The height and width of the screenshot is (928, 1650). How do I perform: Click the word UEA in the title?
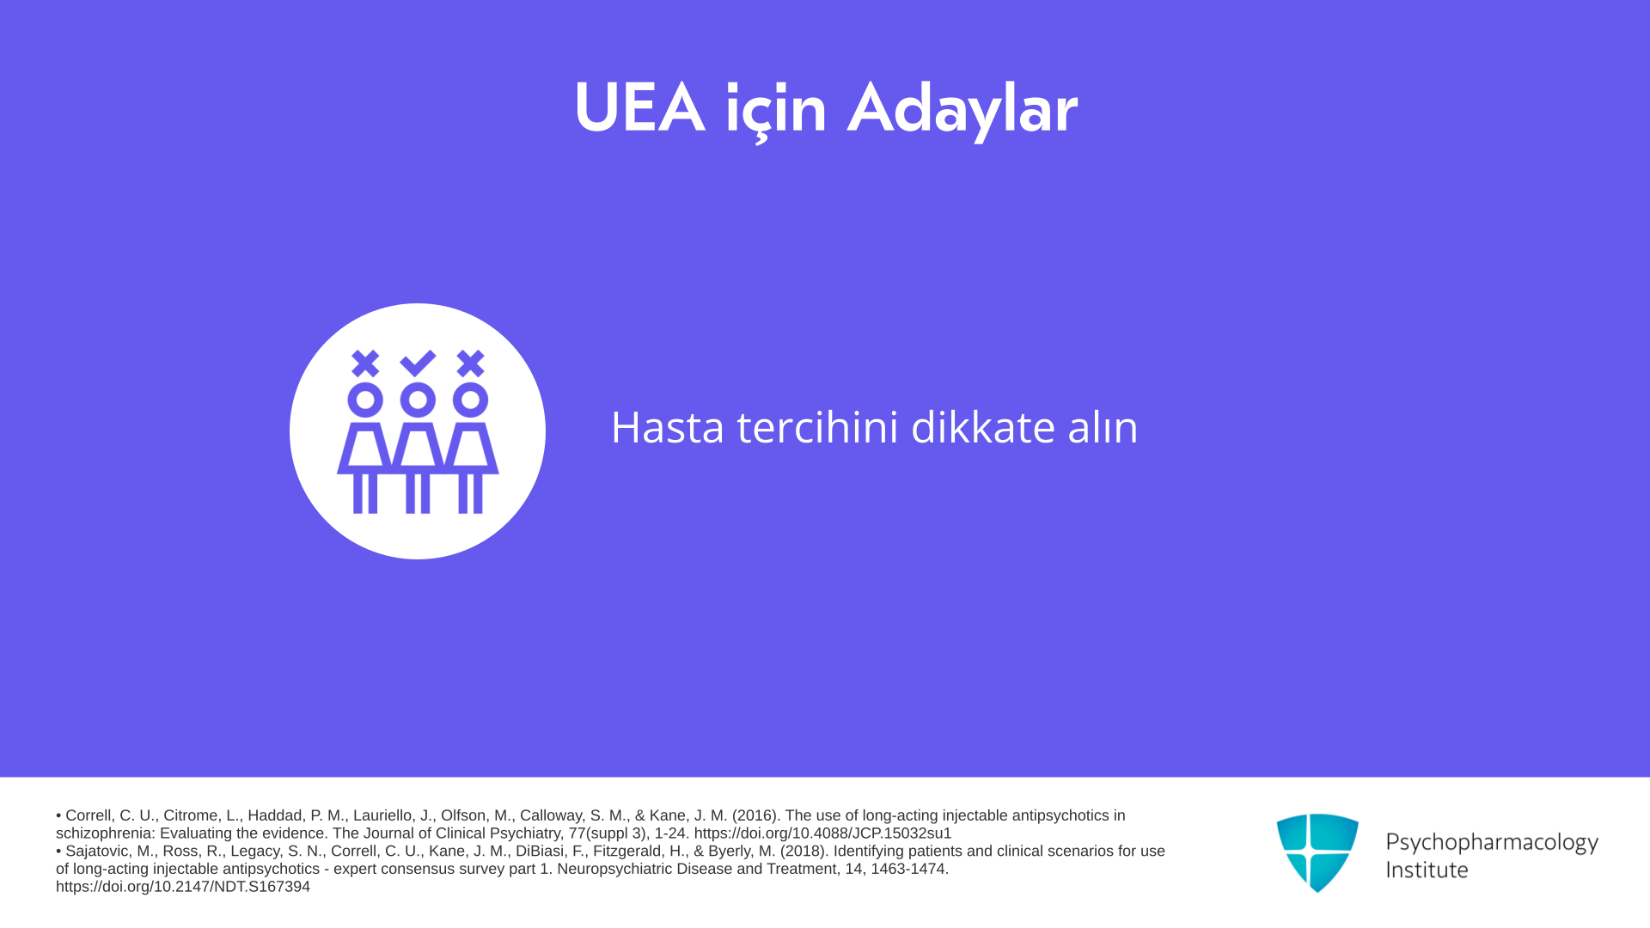tap(639, 109)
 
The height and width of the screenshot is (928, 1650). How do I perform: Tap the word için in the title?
tap(776, 112)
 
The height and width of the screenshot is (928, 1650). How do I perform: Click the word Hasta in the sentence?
tap(668, 427)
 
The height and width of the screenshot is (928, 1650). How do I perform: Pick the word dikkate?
tap(983, 427)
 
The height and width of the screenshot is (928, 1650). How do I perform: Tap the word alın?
tap(1103, 427)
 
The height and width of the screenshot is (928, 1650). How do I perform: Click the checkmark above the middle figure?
tap(418, 363)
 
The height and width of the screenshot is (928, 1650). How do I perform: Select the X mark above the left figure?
tap(365, 363)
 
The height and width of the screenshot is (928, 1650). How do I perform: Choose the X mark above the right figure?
tap(470, 363)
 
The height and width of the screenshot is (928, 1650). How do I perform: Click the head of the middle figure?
tap(418, 400)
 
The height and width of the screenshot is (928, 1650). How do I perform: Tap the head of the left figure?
tap(365, 400)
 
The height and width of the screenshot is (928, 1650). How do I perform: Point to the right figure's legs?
tap(470, 493)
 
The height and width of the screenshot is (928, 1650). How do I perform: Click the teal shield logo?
tap(1317, 852)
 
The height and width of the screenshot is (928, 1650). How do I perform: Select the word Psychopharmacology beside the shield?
tap(1492, 843)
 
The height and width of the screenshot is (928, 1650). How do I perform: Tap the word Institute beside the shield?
tap(1427, 870)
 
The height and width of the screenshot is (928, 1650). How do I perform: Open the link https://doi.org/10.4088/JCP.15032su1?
tap(822, 833)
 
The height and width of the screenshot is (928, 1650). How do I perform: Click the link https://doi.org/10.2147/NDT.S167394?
tap(183, 887)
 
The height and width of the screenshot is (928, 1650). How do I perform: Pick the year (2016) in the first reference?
tap(755, 815)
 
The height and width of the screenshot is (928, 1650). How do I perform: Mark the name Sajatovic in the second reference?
tap(98, 852)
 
